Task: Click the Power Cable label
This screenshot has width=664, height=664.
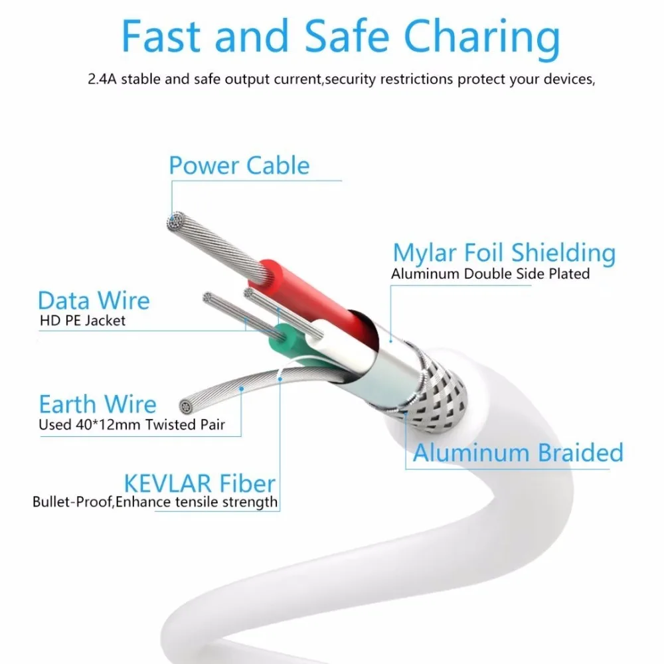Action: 239,165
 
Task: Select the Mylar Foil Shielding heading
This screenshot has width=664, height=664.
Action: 504,253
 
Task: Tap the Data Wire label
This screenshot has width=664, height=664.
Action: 94,301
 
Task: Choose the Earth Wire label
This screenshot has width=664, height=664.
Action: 98,404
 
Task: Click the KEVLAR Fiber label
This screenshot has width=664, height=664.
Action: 199,483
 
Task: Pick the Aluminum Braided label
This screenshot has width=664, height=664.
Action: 518,453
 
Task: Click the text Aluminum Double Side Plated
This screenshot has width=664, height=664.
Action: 490,274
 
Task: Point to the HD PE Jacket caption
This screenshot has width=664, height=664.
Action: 82,321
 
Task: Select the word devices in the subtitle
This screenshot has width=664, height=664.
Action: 568,80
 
